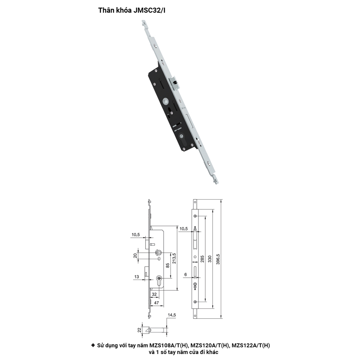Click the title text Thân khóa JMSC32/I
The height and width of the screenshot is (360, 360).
(x=132, y=10)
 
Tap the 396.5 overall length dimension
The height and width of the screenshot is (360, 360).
(x=218, y=259)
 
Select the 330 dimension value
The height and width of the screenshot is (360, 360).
(x=210, y=259)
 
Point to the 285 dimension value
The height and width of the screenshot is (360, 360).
(x=202, y=259)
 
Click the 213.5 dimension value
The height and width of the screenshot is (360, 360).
(x=174, y=258)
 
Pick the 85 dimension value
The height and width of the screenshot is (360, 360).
(x=168, y=266)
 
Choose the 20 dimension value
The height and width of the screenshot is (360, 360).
(x=136, y=256)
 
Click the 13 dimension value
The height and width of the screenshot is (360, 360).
(x=137, y=277)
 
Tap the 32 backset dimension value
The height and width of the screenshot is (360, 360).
(x=154, y=294)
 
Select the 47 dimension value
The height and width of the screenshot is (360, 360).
(x=156, y=303)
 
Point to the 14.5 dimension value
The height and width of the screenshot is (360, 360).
(x=172, y=315)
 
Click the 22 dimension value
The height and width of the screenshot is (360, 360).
(x=139, y=330)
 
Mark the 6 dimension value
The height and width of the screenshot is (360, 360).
(x=186, y=274)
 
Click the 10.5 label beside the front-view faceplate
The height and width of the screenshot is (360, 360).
(x=184, y=229)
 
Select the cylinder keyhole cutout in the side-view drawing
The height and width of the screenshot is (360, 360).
(x=159, y=280)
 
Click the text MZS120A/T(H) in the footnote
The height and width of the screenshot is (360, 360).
(x=210, y=345)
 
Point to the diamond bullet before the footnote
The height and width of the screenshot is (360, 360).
(x=93, y=345)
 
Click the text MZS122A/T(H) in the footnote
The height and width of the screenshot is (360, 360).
(x=251, y=345)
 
